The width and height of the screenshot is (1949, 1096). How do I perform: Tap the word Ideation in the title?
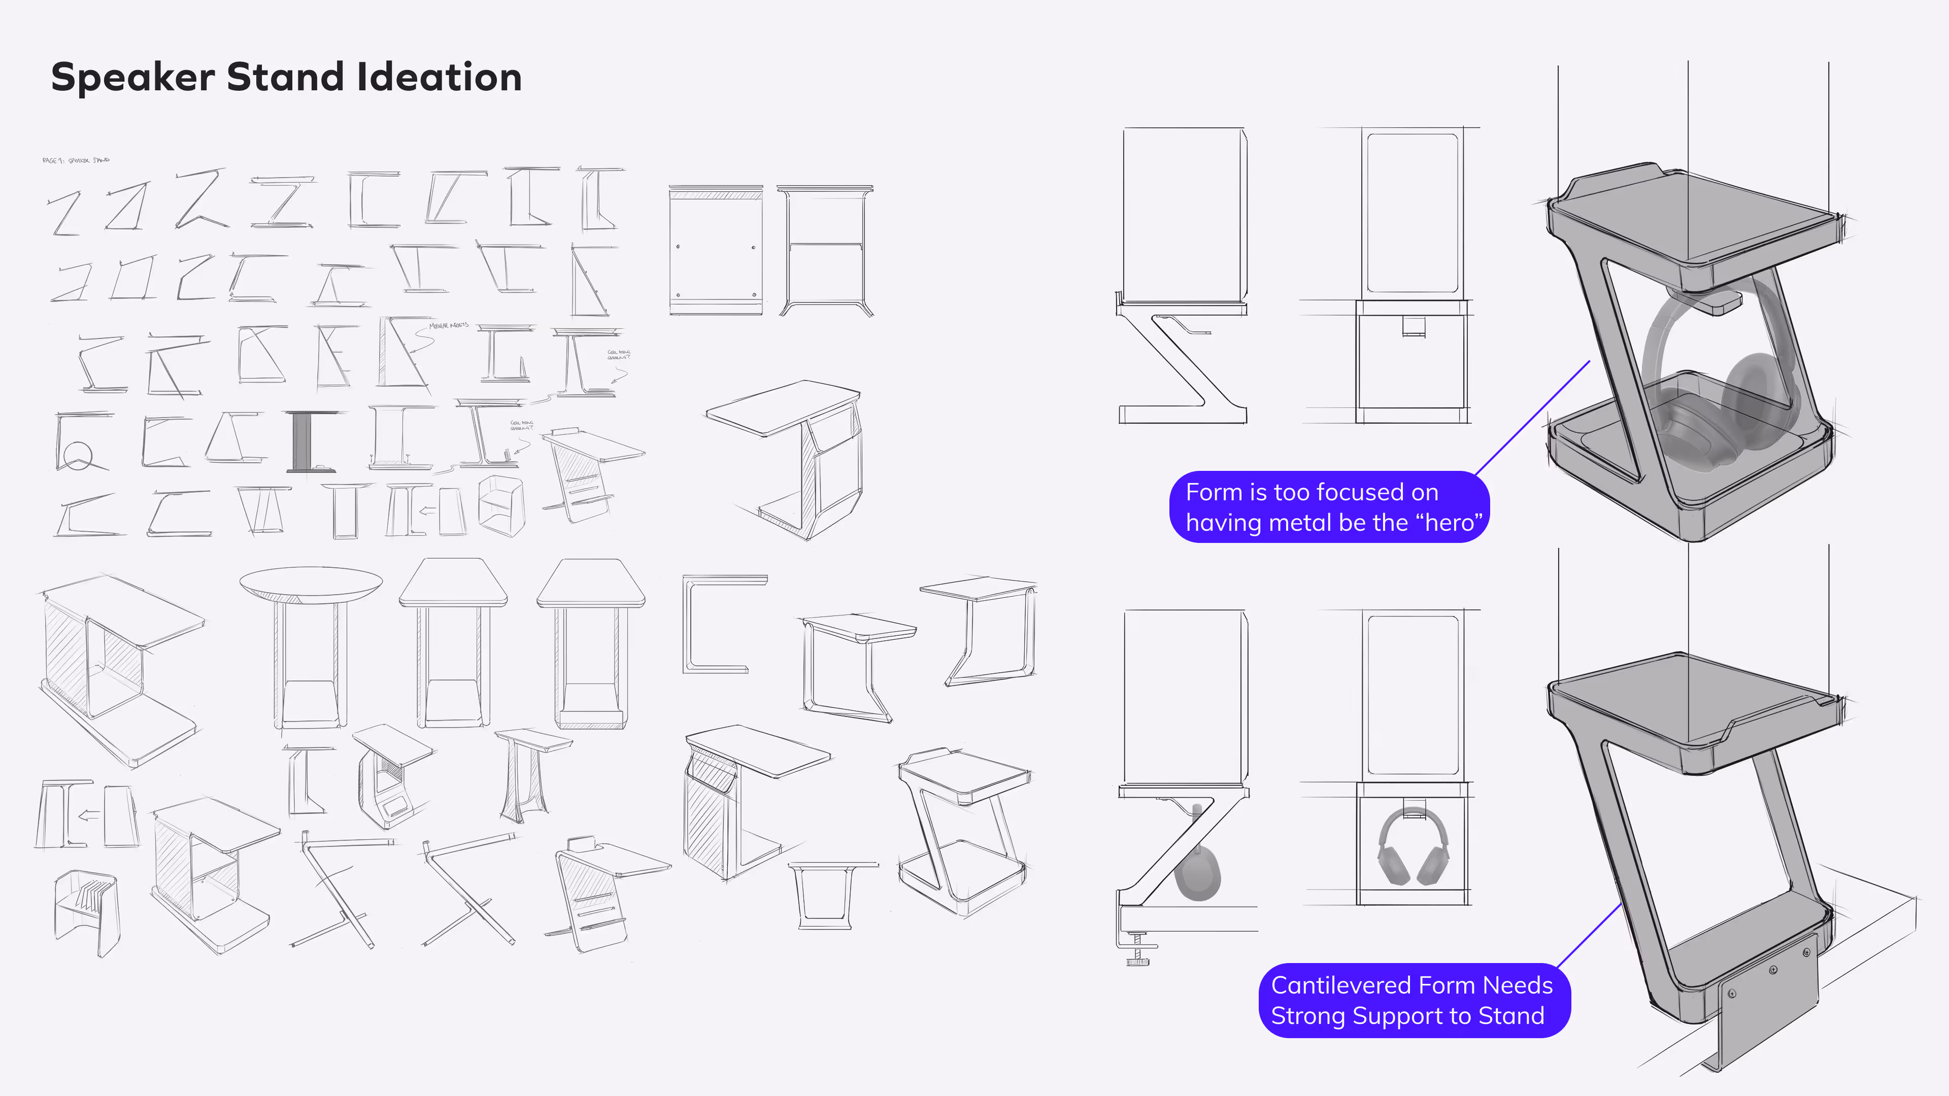pos(439,77)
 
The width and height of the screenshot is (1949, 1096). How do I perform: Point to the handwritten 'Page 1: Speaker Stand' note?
pos(76,160)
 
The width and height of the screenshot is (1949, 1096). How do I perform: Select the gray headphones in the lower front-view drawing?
pos(1413,847)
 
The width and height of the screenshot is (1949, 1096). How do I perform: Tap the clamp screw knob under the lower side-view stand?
pos(1136,961)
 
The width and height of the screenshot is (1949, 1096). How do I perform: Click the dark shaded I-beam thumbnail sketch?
pos(303,441)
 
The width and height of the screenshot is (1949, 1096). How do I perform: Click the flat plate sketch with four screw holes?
pos(715,250)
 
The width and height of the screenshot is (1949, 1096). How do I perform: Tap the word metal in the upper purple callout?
pos(1300,523)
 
